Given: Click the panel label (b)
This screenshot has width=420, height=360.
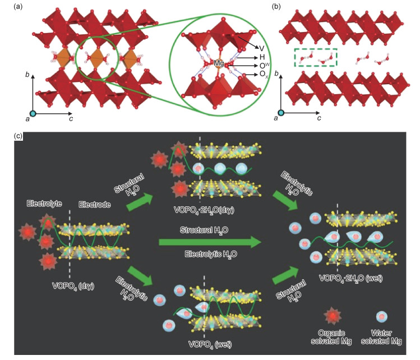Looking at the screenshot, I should [x=276, y=7].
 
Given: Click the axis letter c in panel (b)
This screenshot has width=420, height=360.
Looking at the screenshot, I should [x=319, y=119].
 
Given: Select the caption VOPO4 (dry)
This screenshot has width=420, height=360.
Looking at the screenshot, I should [x=73, y=285].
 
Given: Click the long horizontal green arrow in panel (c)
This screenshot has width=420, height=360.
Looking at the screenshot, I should [x=211, y=242].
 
